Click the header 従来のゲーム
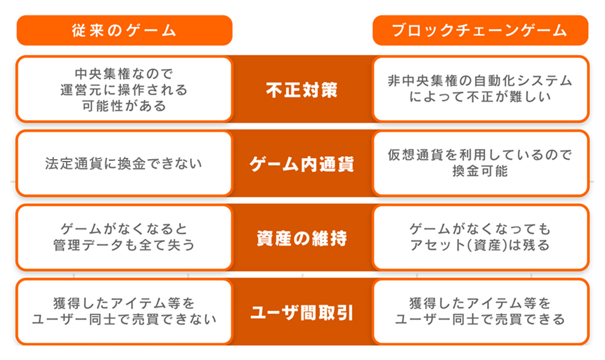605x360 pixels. [x=124, y=30]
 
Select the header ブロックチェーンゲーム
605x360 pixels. [x=480, y=30]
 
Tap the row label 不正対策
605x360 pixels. [x=302, y=90]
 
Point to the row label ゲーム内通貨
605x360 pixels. [x=302, y=164]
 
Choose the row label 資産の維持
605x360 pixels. [x=302, y=238]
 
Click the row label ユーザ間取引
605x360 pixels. [x=302, y=313]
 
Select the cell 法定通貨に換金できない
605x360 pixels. [x=124, y=163]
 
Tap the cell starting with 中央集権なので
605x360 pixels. [x=124, y=89]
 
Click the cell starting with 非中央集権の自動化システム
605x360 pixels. [x=480, y=89]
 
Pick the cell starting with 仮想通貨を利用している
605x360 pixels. [x=480, y=163]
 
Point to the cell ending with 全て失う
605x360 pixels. [x=124, y=238]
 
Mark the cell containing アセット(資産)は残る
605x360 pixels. [x=480, y=238]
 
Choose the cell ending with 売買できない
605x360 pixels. [x=124, y=312]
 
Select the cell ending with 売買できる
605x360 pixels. [x=480, y=312]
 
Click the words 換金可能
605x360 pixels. [x=480, y=171]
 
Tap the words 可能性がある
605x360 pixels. [x=124, y=106]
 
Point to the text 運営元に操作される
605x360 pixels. [x=124, y=90]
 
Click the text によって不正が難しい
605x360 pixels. [x=480, y=97]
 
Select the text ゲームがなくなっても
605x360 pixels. [x=480, y=229]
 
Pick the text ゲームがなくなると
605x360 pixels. [x=124, y=229]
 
